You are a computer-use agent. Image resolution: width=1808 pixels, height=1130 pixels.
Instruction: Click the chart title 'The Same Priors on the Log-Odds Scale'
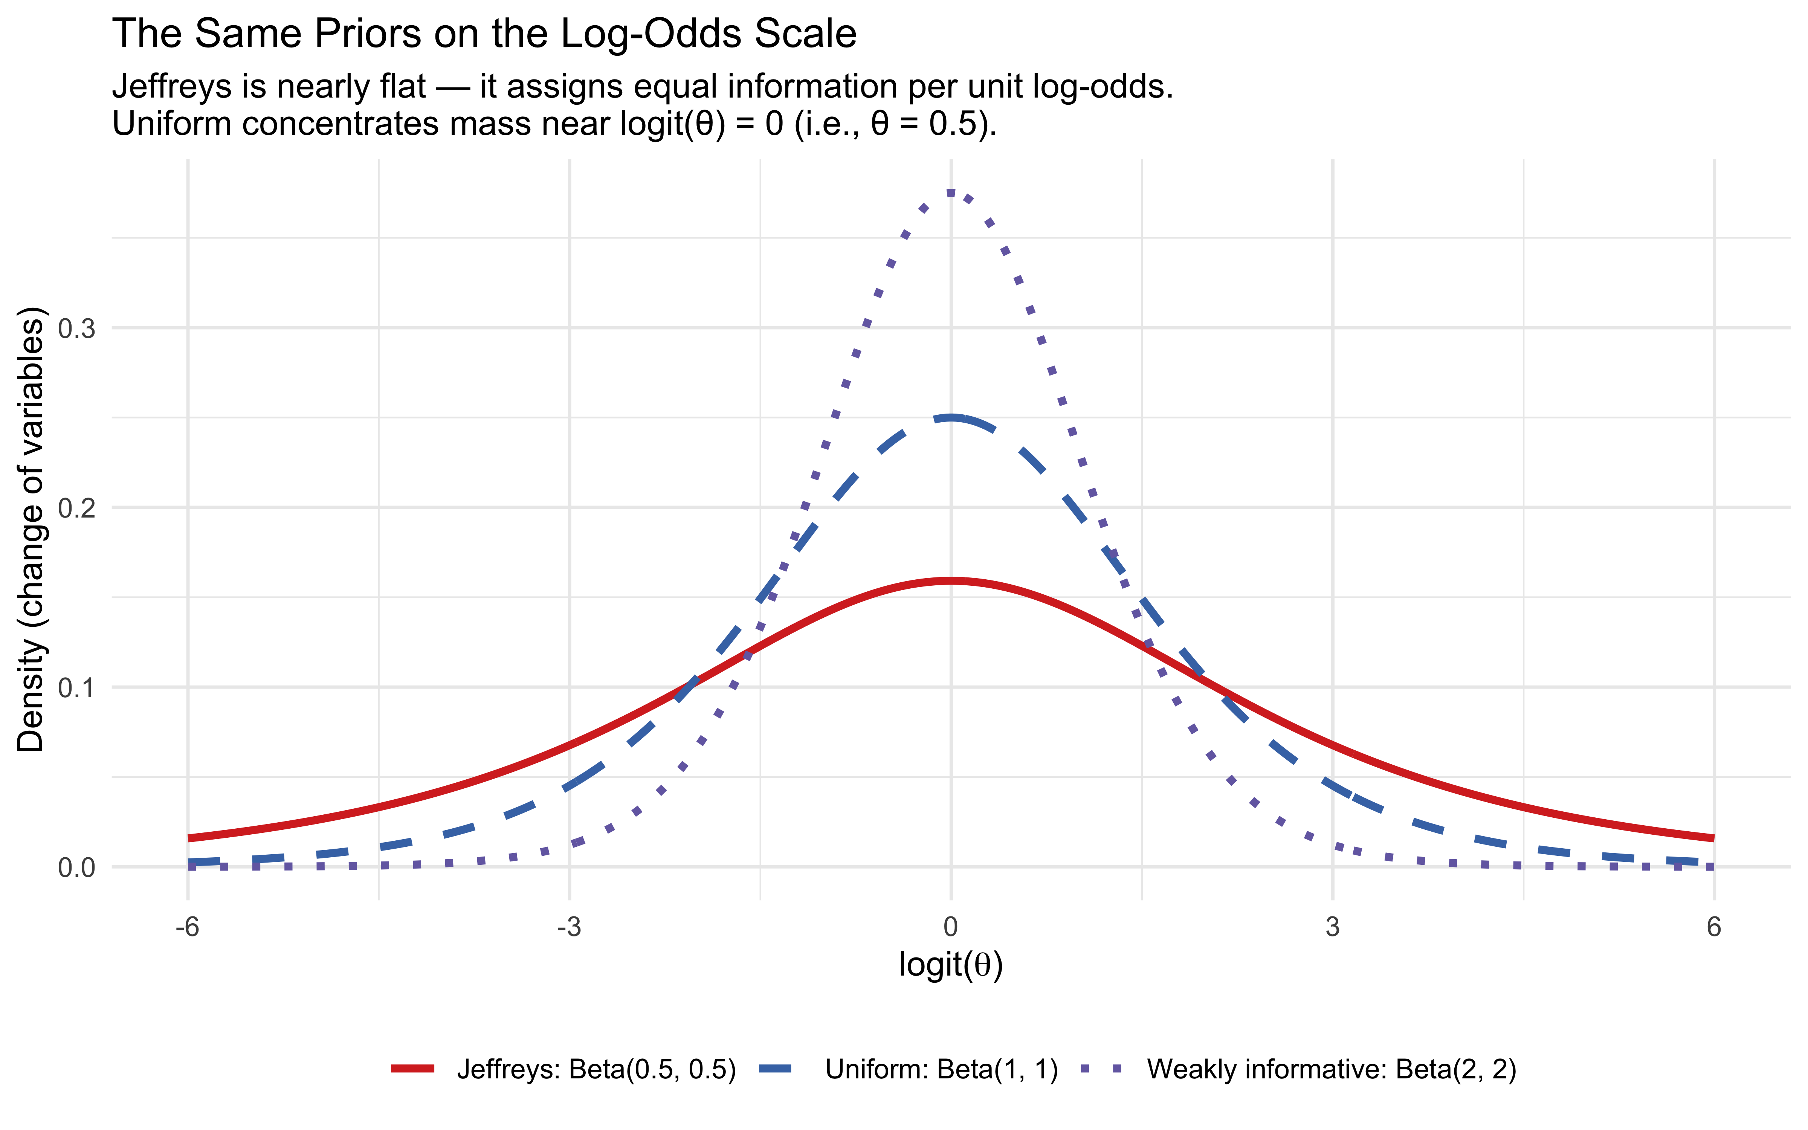tap(484, 34)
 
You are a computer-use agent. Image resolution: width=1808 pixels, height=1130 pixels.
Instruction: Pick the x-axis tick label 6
tap(1714, 927)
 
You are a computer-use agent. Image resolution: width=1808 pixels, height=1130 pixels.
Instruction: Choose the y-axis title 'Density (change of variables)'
tap(31, 529)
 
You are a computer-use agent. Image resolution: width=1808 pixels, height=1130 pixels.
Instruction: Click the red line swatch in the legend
tap(412, 1069)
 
